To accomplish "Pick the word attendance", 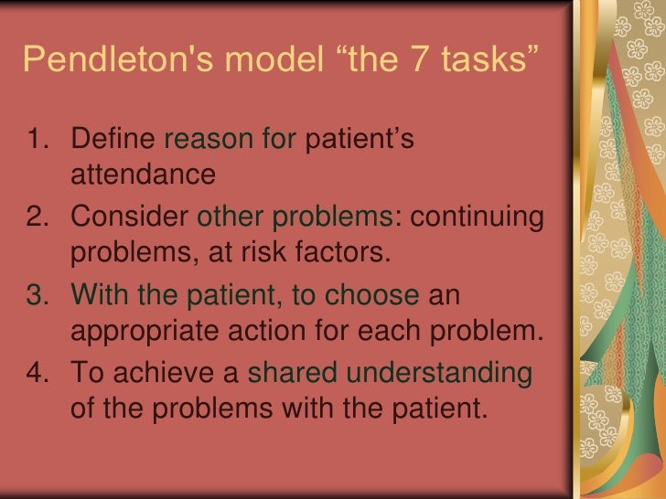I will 142,174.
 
